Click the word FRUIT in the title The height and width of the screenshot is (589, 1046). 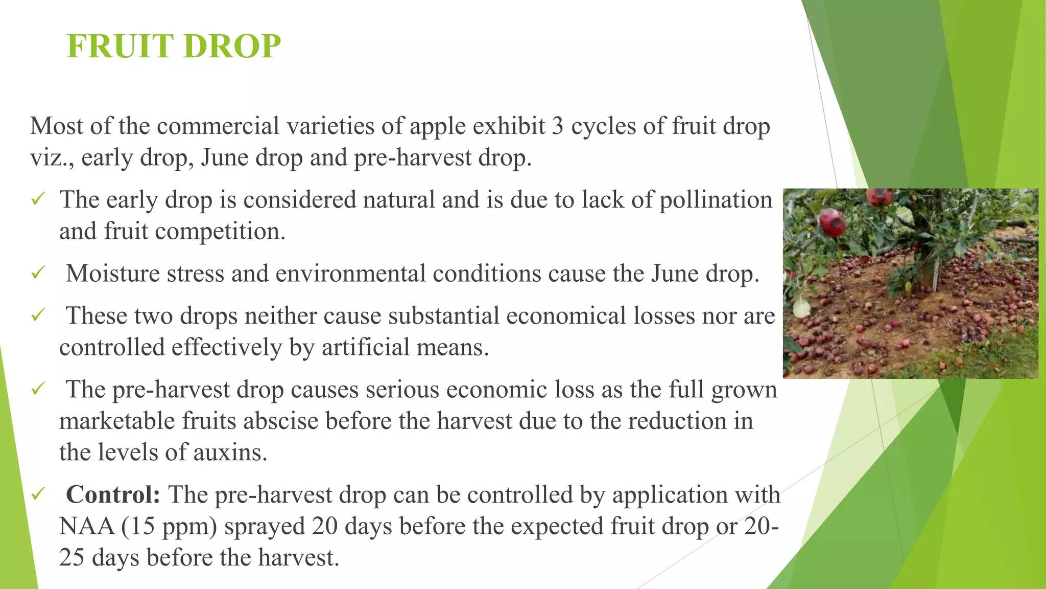[121, 46]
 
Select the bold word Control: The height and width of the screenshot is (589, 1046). [113, 494]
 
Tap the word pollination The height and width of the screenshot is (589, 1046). [716, 200]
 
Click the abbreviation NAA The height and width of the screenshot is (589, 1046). [87, 526]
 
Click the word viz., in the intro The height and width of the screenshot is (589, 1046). [52, 157]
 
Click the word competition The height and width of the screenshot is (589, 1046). [220, 232]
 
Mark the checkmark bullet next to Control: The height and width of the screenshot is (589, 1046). [38, 493]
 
